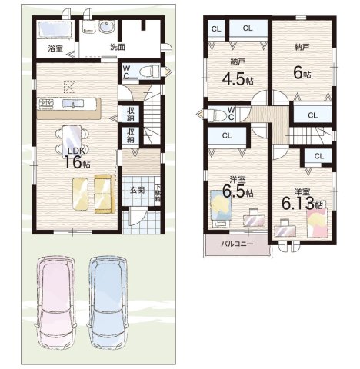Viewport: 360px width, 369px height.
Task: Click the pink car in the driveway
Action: (56, 301)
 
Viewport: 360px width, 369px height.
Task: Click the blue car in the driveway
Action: (108, 301)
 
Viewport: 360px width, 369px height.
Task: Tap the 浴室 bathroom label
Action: (55, 48)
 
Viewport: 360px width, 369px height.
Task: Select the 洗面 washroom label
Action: (118, 47)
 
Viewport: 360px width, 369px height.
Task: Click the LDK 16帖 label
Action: (77, 158)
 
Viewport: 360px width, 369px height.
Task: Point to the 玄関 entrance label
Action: (137, 190)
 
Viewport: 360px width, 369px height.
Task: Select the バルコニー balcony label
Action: (237, 244)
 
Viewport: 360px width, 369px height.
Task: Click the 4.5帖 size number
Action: (238, 80)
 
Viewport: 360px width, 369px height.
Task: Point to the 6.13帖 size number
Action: (302, 204)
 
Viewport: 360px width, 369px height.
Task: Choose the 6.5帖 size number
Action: (238, 192)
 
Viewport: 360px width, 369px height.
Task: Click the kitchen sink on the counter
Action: (73, 104)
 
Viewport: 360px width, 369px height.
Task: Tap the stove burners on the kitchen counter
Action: (46, 104)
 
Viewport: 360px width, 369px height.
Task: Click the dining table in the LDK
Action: (72, 141)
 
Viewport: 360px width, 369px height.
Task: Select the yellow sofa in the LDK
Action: (105, 194)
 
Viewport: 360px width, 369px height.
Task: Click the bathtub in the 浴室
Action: (55, 29)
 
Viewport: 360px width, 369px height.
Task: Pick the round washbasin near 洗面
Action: (106, 27)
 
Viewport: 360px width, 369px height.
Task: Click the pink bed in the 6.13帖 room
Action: (318, 222)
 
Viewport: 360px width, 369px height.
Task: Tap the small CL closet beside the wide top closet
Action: (216, 29)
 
